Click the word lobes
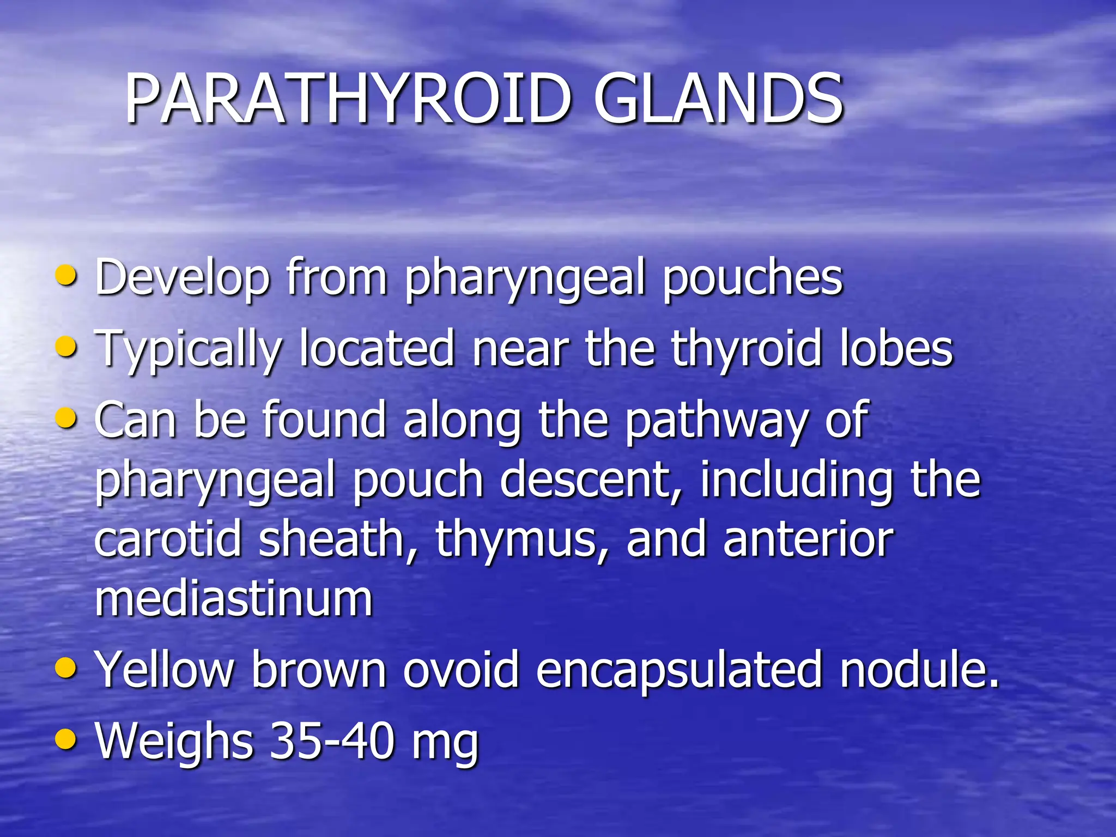[x=896, y=349]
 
